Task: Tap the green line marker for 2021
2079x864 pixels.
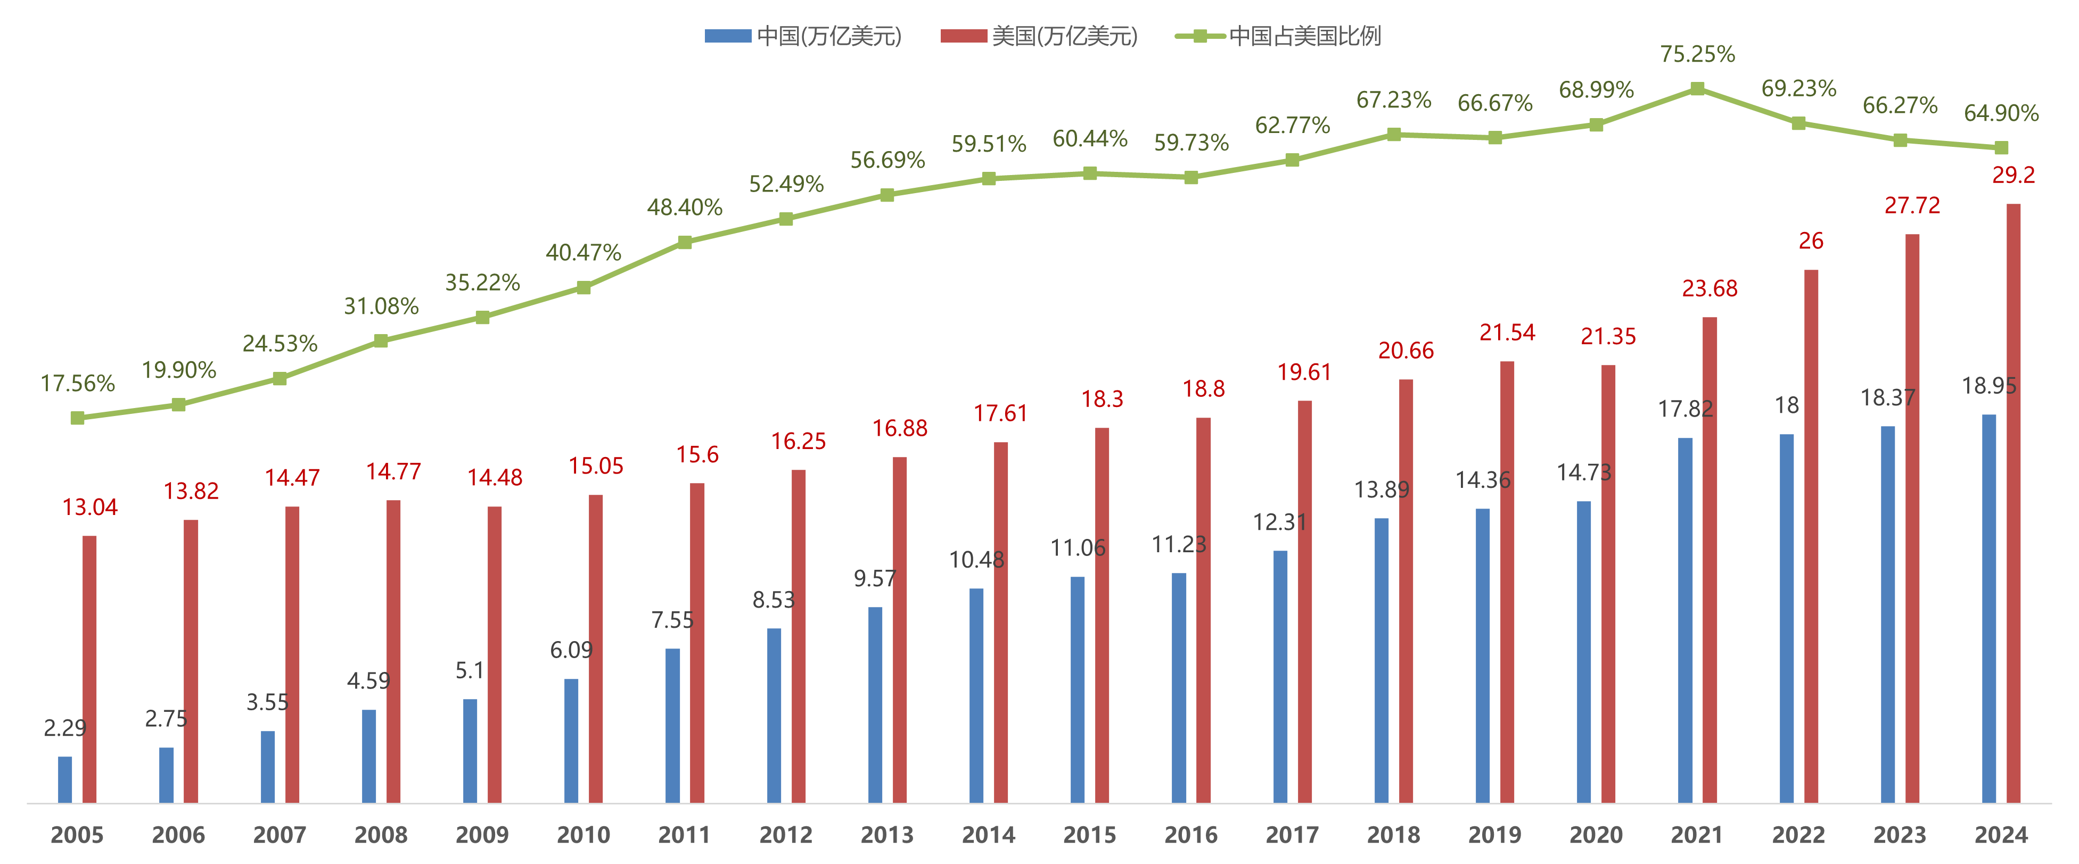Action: coord(1697,89)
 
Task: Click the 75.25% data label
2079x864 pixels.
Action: coord(1697,54)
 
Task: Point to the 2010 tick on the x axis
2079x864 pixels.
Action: coord(584,834)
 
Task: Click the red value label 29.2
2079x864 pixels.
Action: coord(2013,175)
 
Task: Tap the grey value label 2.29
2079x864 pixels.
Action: coord(64,728)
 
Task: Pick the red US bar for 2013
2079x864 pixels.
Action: coord(900,629)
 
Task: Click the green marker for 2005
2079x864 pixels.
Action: coord(78,418)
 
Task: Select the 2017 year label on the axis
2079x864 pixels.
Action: coord(1292,834)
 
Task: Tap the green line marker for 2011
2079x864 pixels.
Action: coord(684,242)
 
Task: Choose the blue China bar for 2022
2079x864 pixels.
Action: coord(1787,618)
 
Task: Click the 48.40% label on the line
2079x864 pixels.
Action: coord(684,207)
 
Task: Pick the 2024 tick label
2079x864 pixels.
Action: coord(2001,834)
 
